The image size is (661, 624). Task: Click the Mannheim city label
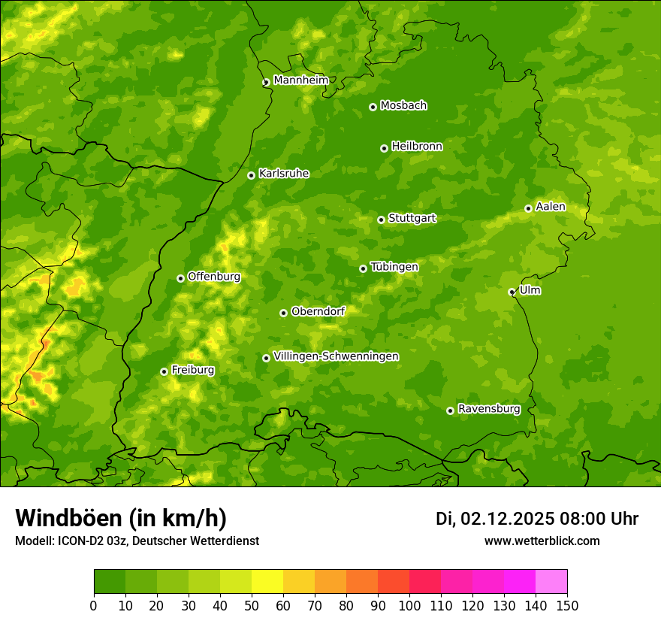[x=300, y=80]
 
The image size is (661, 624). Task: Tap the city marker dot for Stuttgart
[x=381, y=220]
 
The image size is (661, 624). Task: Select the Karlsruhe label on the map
[x=283, y=174]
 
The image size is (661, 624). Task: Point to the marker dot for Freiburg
[x=164, y=371]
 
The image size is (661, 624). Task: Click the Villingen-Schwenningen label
[x=336, y=356]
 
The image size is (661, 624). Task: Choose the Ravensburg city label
[x=488, y=409]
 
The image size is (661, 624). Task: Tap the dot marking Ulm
[x=512, y=292]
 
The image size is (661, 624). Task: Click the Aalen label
[x=550, y=207]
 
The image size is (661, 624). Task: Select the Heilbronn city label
[x=417, y=147]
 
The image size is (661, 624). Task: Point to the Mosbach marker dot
[x=373, y=107]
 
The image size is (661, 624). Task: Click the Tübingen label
[x=394, y=267]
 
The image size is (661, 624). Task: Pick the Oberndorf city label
[x=318, y=311]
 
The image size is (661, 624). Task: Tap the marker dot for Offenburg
[x=180, y=278]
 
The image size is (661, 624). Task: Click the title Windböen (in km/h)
[x=121, y=518]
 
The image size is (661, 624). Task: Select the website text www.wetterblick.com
[x=542, y=541]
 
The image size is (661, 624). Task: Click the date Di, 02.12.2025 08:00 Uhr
[x=537, y=519]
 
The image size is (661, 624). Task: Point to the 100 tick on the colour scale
[x=409, y=605]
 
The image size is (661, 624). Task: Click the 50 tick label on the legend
[x=252, y=605]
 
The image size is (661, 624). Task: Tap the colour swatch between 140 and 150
[x=551, y=581]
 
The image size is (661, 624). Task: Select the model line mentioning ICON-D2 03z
[x=137, y=541]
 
